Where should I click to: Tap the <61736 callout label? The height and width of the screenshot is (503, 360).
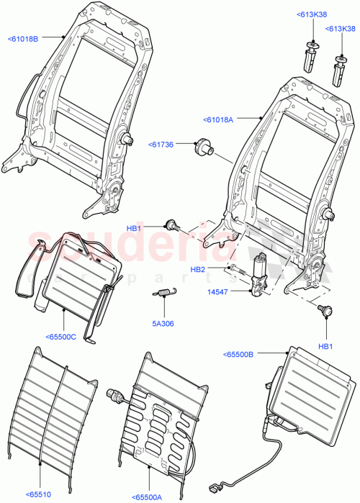pyautogui.click(x=163, y=144)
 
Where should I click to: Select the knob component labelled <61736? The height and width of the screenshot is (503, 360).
pyautogui.click(x=204, y=149)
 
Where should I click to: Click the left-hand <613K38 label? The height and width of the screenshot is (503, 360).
pyautogui.click(x=311, y=14)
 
